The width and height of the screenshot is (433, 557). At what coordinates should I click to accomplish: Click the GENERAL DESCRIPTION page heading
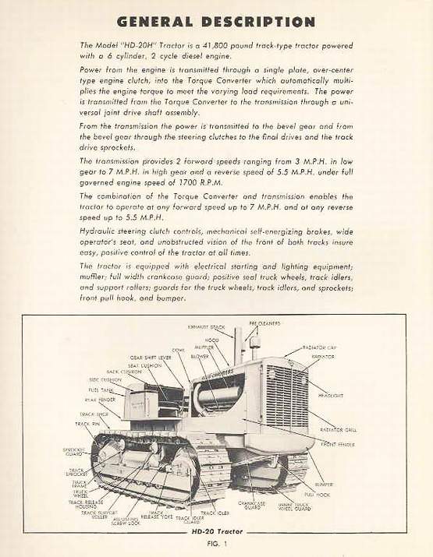pyautogui.click(x=217, y=21)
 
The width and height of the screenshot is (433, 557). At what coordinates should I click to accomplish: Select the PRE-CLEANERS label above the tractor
pyautogui.click(x=264, y=323)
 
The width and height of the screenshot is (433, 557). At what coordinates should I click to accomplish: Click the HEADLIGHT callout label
pyautogui.click(x=329, y=395)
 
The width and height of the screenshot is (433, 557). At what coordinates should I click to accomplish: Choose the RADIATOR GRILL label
pyautogui.click(x=339, y=429)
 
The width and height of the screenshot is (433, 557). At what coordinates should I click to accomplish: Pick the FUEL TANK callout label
pyautogui.click(x=101, y=390)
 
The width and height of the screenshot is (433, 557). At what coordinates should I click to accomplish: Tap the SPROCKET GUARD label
pyautogui.click(x=74, y=452)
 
